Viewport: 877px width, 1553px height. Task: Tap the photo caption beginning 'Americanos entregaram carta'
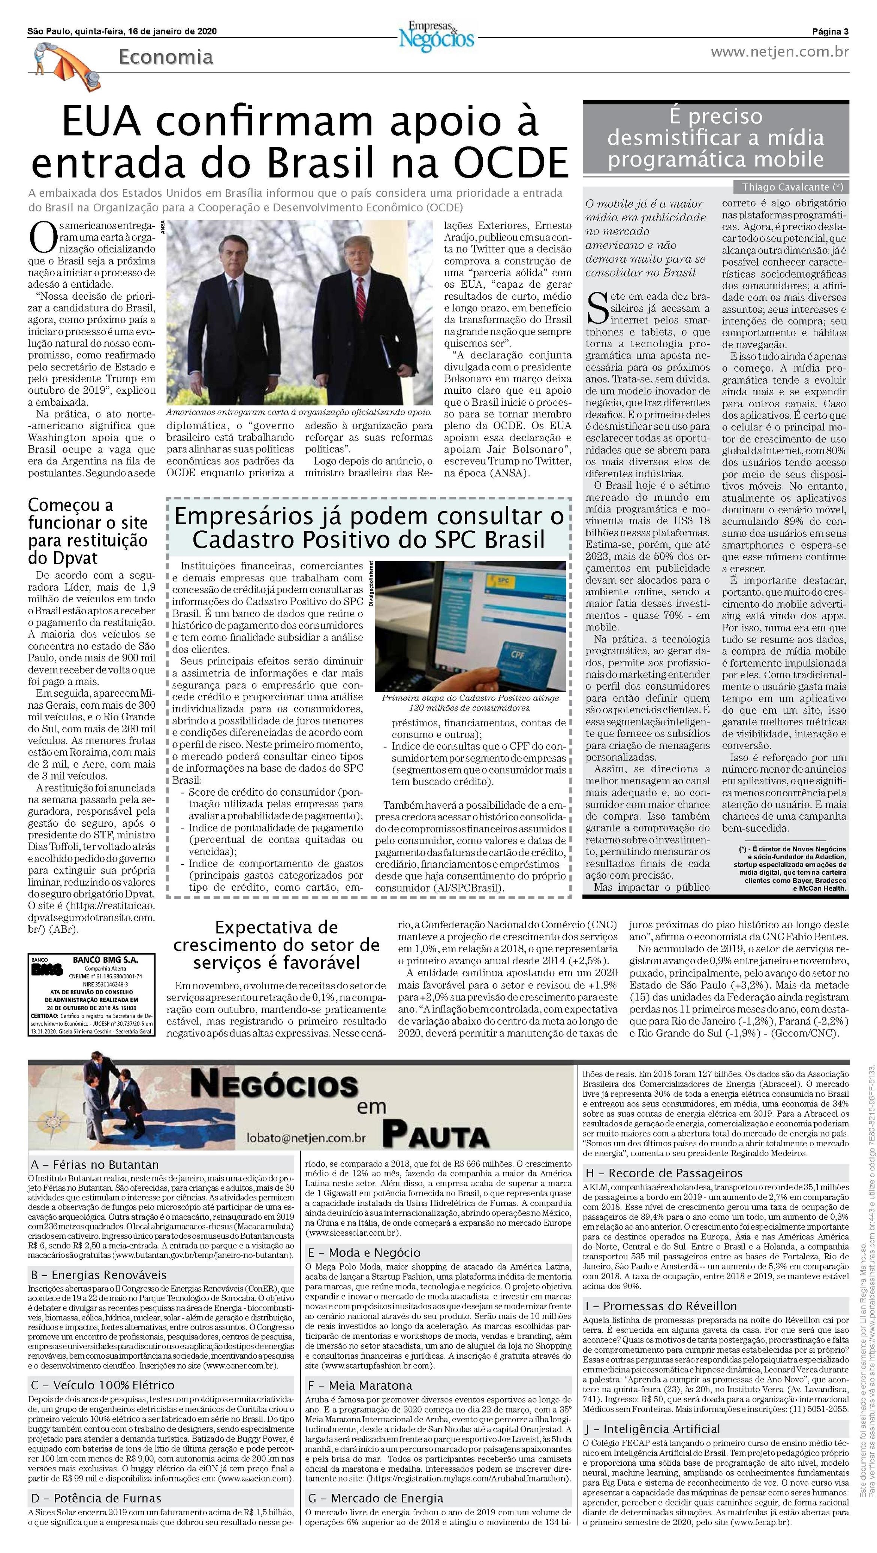click(299, 412)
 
